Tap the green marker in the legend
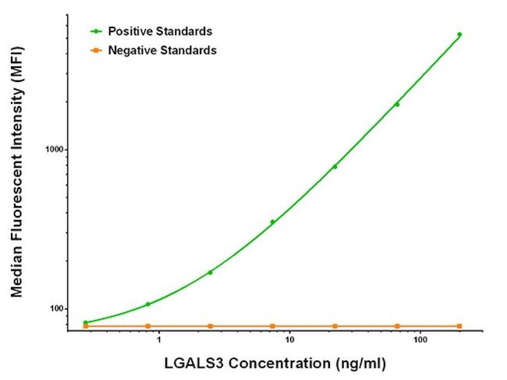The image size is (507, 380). coord(96,31)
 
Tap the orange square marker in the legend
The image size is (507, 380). coord(96,50)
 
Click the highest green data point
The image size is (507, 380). coord(459,34)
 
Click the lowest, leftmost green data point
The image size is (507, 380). coord(86,322)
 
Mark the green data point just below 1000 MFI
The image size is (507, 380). coord(335,166)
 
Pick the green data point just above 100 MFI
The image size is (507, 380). coord(147,304)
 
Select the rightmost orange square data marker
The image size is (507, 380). coord(459,325)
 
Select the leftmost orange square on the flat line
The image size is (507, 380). coord(86,325)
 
